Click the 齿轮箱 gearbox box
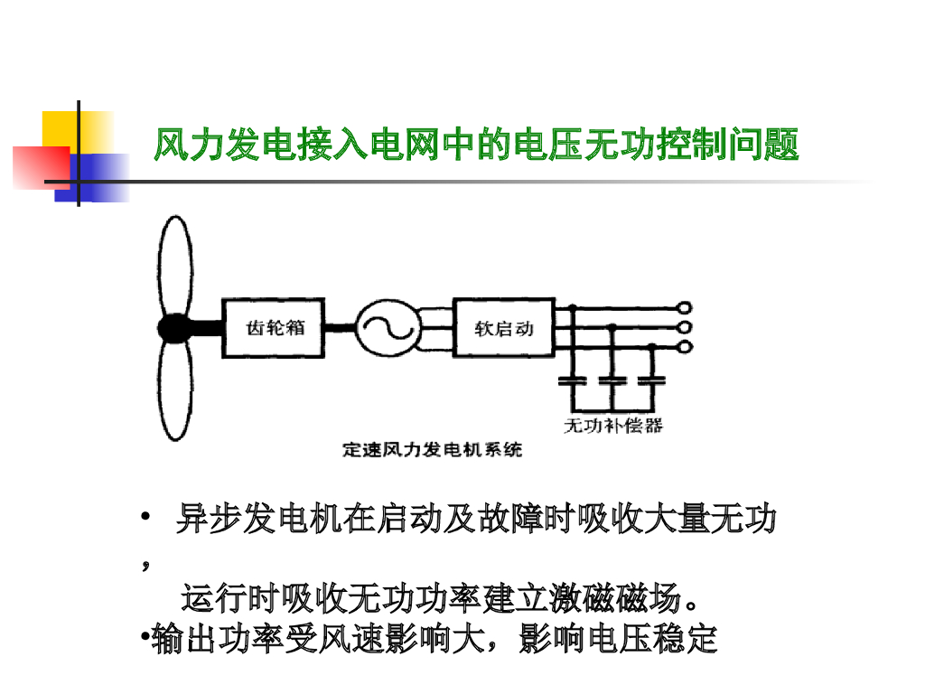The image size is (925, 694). pos(275,328)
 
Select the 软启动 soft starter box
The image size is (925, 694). pos(503,328)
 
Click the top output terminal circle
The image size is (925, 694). pos(684,308)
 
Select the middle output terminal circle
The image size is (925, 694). pos(684,327)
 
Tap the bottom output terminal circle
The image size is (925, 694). pos(684,346)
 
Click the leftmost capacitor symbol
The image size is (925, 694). pos(571,379)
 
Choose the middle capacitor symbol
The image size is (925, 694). pos(612,379)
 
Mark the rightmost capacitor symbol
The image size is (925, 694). pos(649,379)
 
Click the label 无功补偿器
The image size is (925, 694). pos(612,425)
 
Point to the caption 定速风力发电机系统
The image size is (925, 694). pos(433,449)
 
